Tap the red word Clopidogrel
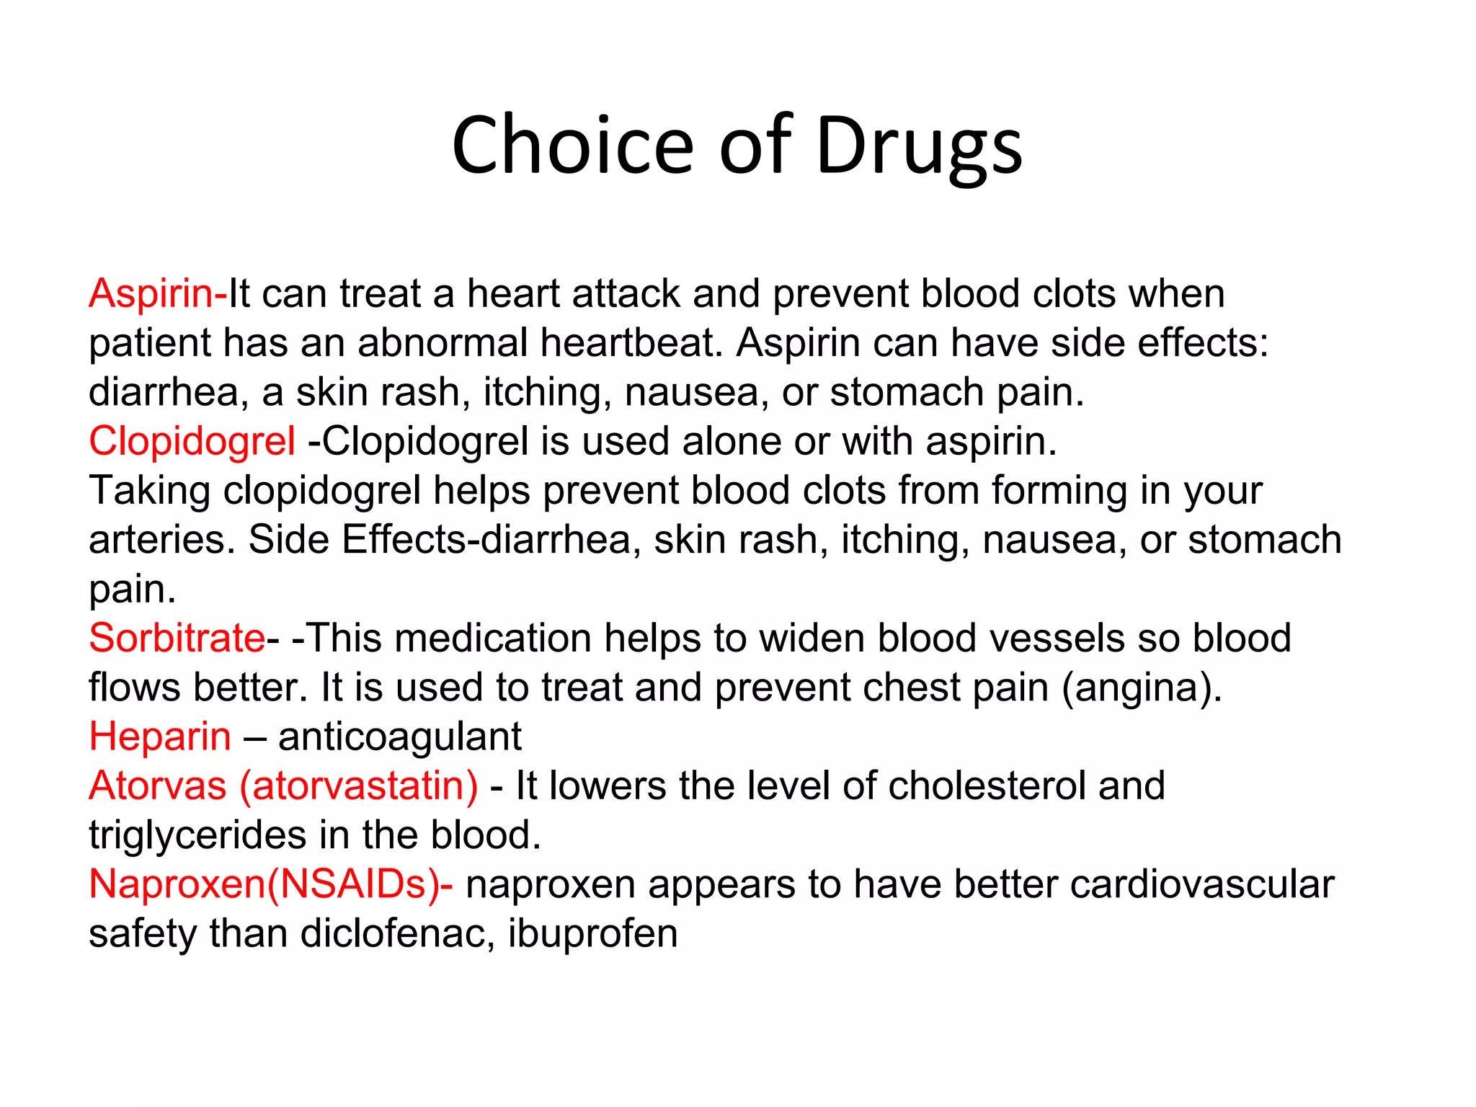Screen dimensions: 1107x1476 (x=192, y=441)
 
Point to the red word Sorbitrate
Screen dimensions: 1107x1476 (x=177, y=638)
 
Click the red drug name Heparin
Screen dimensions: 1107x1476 (x=160, y=737)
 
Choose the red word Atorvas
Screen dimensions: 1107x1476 (x=158, y=786)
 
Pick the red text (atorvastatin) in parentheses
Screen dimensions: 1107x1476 (x=359, y=786)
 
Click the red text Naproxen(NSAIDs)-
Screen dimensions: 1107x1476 (x=271, y=884)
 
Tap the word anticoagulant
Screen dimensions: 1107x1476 (x=400, y=737)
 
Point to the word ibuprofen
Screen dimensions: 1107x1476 (x=592, y=934)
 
